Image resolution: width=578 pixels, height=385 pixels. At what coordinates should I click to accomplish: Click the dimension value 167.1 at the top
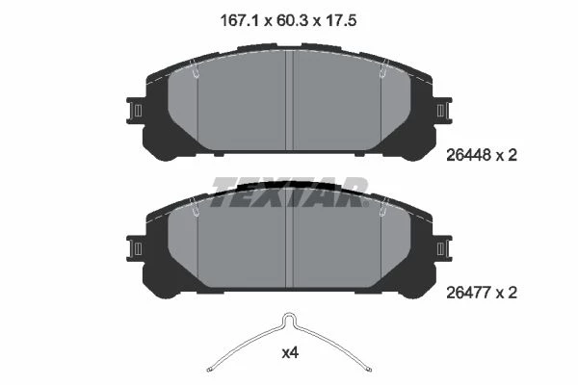coord(239,20)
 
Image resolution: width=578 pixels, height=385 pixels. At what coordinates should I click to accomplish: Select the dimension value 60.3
coord(290,20)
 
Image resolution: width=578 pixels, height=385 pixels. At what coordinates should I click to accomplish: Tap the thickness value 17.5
coord(341,20)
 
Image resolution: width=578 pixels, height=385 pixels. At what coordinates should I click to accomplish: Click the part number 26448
coord(469,155)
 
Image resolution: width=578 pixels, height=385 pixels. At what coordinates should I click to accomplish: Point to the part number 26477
coord(469,293)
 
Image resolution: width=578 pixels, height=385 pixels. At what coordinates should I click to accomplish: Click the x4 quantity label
coord(290,353)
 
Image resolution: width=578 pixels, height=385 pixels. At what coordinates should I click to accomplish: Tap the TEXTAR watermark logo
coord(290,192)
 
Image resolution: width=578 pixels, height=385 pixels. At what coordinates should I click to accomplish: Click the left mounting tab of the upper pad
coord(135,111)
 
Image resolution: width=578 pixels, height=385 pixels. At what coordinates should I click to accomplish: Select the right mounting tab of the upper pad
coord(443,111)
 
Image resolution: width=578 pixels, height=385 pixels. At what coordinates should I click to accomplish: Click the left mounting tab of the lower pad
coord(135,248)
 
